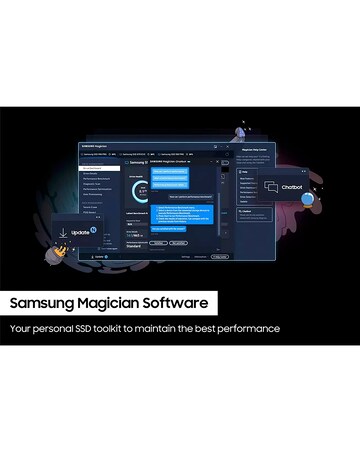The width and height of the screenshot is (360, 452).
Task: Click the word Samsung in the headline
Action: [x=43, y=301]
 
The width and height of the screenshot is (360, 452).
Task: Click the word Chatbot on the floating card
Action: [x=292, y=187]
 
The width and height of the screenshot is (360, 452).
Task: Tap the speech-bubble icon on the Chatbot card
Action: [x=271, y=187]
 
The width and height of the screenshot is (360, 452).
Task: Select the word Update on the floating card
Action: [x=79, y=232]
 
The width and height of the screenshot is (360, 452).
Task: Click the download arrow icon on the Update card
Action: [x=64, y=232]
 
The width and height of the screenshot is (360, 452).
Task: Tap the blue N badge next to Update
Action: [x=93, y=230]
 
